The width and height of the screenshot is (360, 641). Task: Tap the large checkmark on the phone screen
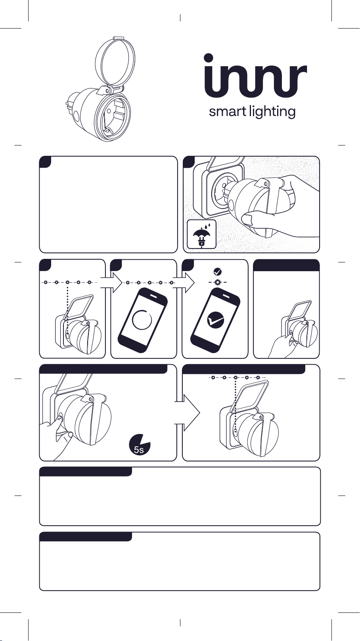click(215, 320)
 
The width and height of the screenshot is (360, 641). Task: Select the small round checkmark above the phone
click(218, 272)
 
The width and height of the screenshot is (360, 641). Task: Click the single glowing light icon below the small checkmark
click(218, 282)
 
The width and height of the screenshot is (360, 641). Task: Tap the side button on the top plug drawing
click(77, 117)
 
